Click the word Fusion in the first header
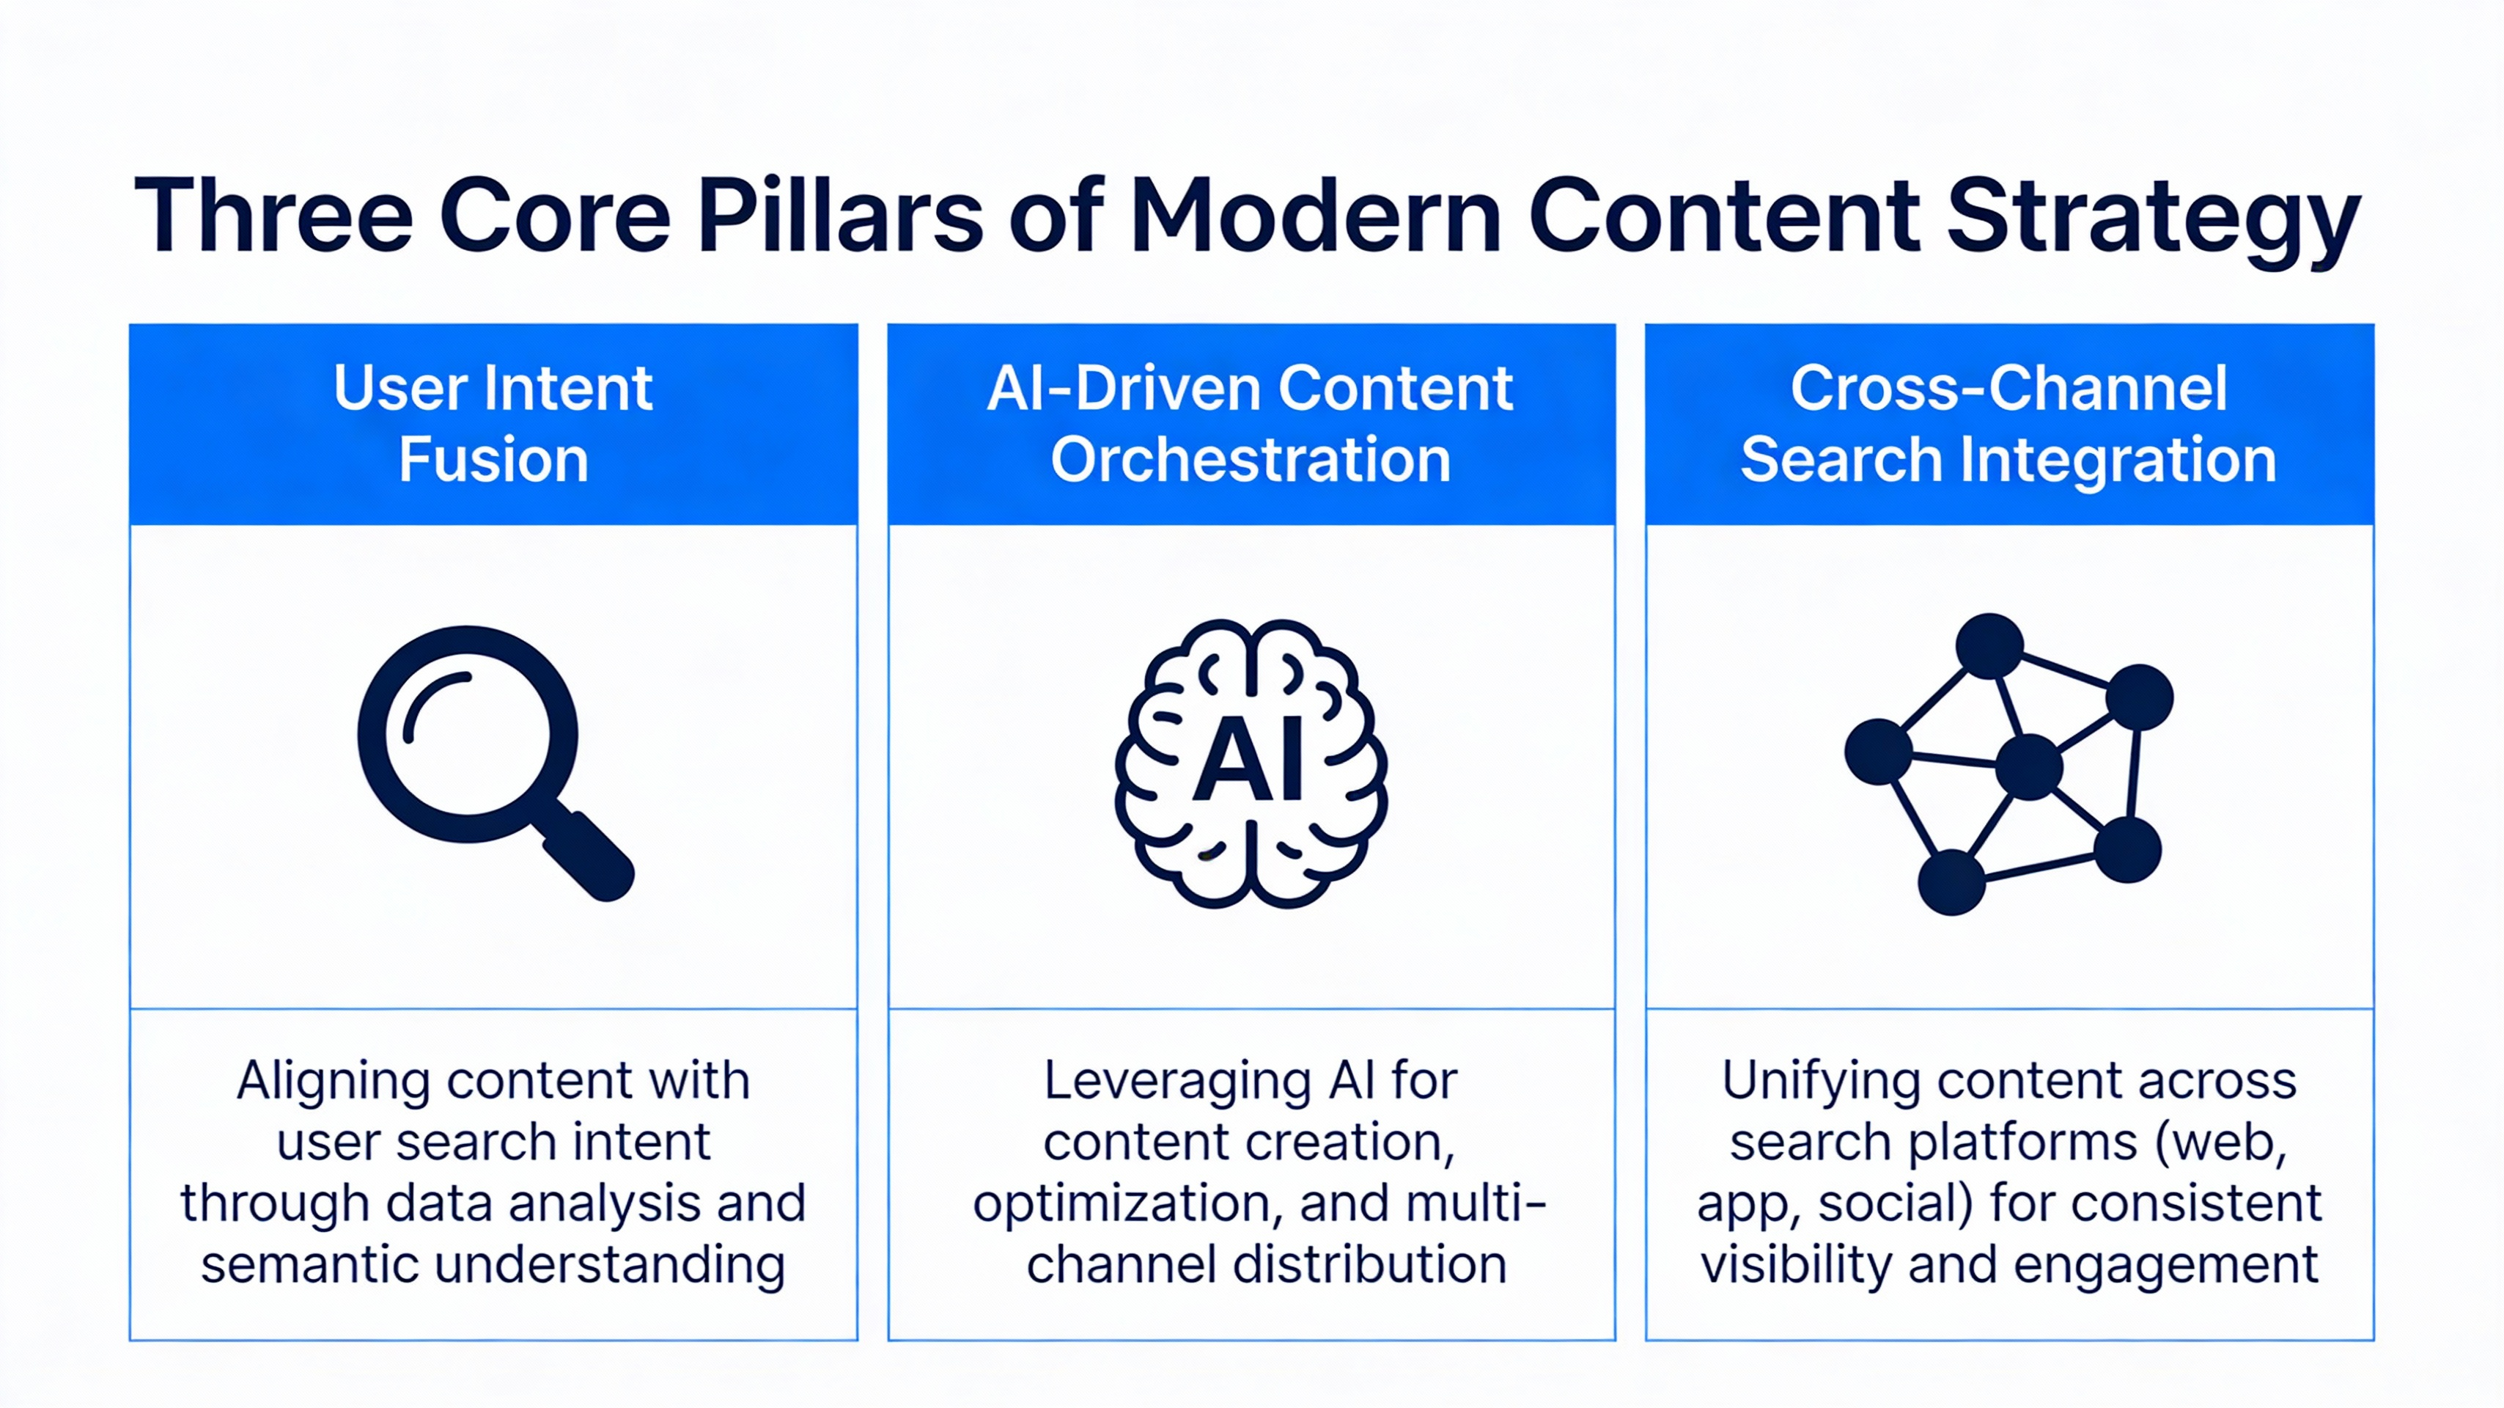[494, 459]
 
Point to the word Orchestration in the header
[1251, 459]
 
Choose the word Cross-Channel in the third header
[2009, 388]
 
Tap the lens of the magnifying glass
[468, 734]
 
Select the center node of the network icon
[2029, 767]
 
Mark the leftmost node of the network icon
[1878, 752]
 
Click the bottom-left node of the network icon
[1951, 882]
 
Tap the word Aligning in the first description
[334, 1081]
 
